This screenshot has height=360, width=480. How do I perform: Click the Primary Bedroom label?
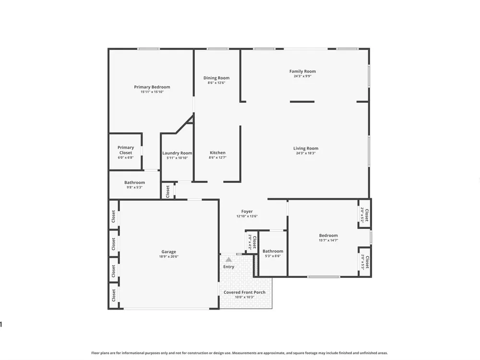point(152,87)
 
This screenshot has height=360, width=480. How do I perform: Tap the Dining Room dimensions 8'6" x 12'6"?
point(216,83)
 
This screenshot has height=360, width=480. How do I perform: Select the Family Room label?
point(302,72)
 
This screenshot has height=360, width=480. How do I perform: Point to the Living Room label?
point(306,148)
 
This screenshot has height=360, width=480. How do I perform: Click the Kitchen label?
point(217,153)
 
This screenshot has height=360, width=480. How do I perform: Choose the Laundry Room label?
point(177,153)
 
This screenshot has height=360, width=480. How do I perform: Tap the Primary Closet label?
point(126,150)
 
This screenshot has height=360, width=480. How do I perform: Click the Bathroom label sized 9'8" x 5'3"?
point(135,182)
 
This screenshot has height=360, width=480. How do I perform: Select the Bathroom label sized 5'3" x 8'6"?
point(273,251)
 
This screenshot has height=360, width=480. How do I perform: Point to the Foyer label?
point(247,212)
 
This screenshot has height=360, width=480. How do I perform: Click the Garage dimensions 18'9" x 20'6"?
point(168,256)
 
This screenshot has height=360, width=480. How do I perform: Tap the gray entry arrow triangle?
point(228,260)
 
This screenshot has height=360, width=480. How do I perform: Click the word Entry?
point(228,266)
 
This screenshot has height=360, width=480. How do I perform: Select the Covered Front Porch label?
point(245,292)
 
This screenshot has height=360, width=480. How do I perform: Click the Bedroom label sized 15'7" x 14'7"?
point(328,235)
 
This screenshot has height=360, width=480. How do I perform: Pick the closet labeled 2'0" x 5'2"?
point(365,215)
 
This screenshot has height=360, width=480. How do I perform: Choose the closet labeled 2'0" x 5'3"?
point(365,262)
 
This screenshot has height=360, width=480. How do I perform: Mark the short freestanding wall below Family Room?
point(302,102)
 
